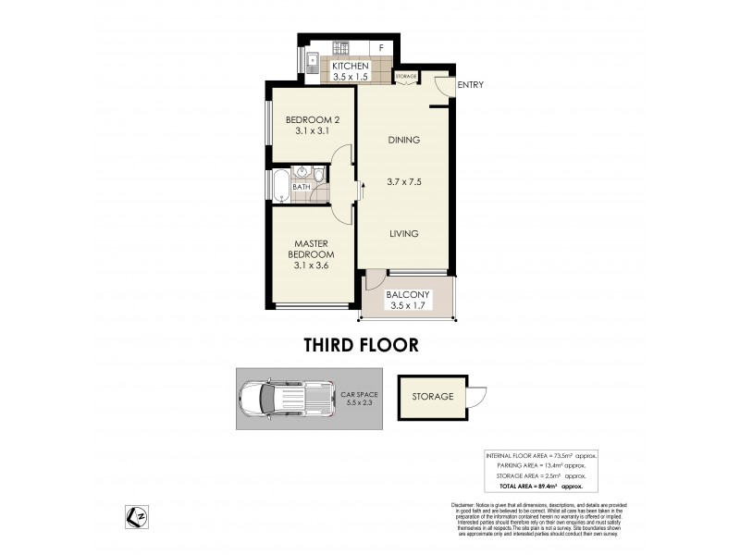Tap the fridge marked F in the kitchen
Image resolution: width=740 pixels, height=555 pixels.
click(x=380, y=47)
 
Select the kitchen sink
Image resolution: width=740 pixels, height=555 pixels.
click(x=314, y=64)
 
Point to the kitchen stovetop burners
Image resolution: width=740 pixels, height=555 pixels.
click(x=340, y=47)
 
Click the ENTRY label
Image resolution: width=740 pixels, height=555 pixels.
click(x=470, y=85)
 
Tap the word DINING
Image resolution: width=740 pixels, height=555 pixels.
click(x=403, y=141)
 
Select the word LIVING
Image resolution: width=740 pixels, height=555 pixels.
click(x=403, y=234)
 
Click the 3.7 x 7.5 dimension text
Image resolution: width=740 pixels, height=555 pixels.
click(x=403, y=182)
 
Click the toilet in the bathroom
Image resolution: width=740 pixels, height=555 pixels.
click(x=318, y=174)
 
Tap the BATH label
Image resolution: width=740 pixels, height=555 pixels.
click(x=302, y=188)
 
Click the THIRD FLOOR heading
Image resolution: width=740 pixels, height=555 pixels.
click(x=361, y=345)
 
